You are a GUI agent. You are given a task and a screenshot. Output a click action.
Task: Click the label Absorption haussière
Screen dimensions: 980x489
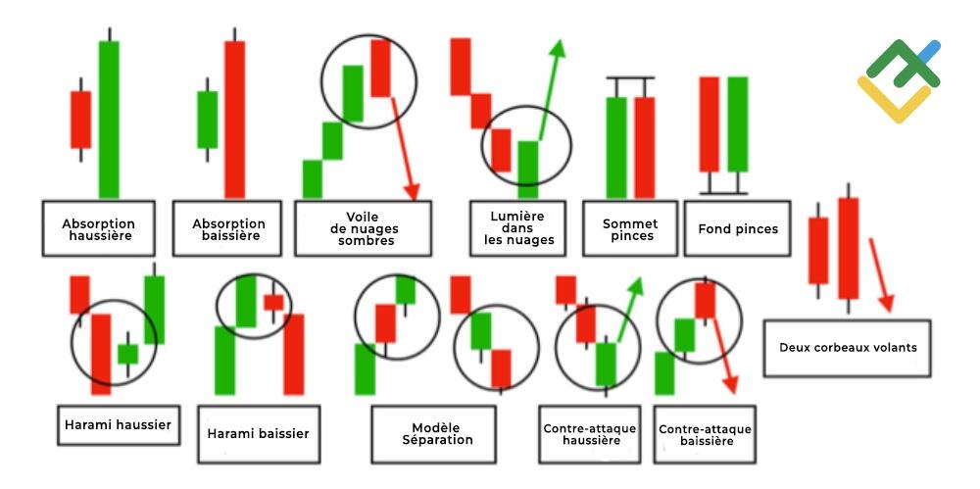[98, 229]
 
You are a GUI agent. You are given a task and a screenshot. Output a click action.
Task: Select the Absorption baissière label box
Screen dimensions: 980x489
[227, 229]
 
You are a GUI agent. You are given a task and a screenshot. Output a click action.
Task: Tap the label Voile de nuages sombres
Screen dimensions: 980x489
[364, 229]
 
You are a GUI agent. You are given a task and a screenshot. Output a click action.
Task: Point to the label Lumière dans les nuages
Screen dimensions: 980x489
[518, 229]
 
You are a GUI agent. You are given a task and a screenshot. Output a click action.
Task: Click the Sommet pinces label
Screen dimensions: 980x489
[630, 229]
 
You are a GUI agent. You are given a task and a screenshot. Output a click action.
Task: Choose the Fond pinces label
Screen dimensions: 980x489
[738, 229]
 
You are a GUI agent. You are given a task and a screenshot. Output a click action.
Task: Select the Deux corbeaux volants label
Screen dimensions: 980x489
[848, 348]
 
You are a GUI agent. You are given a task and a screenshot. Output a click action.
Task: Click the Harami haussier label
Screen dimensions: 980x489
[119, 425]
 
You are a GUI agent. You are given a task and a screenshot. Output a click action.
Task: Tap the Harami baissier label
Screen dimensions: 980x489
[259, 434]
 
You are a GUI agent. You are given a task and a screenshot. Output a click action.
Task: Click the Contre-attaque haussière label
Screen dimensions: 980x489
[589, 434]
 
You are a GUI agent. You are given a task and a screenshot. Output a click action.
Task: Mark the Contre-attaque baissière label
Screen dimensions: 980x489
[705, 434]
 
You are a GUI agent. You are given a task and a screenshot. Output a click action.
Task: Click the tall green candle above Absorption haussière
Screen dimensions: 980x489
[109, 119]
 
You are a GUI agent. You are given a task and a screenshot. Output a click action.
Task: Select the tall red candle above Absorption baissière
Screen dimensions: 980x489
[235, 119]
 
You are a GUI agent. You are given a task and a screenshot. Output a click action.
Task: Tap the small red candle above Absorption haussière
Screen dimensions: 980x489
[80, 120]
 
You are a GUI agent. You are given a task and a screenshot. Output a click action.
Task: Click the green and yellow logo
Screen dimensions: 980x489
[899, 81]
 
